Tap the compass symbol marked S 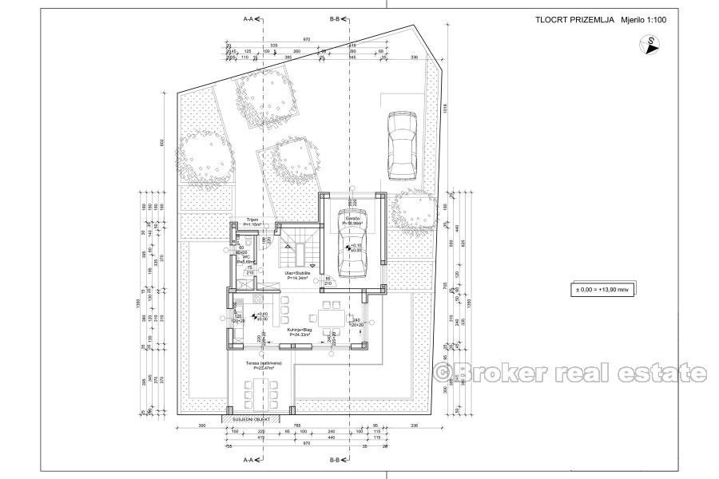(x=653, y=45)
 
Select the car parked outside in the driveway (x=402, y=145)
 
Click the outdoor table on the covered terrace (x=260, y=394)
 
